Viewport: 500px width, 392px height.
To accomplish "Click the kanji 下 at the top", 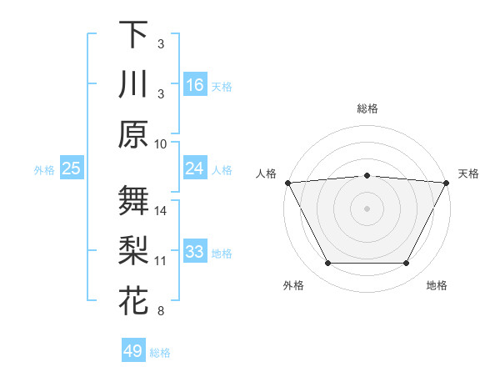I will point(133,34).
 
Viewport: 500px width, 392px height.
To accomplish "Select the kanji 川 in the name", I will point(133,84).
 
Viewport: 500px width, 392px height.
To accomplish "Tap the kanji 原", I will point(133,134).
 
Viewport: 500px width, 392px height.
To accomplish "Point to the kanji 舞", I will point(133,201).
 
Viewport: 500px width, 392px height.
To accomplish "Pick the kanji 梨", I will point(133,251).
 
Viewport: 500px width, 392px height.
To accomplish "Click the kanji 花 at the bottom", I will point(133,301).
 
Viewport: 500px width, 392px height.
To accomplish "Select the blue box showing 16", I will point(195,84).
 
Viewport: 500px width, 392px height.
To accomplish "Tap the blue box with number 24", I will point(195,168).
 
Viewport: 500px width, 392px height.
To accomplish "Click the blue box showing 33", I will point(195,252).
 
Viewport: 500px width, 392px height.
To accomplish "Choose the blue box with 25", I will point(72,168).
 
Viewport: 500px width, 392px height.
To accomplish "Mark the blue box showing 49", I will point(133,351).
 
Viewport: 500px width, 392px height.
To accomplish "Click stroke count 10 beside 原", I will point(161,143).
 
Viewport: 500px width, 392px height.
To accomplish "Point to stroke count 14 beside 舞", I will point(161,210).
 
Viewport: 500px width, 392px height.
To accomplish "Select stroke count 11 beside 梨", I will point(161,261).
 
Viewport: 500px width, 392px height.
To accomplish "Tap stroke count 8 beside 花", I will point(161,311).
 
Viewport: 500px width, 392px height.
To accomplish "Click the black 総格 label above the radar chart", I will point(367,108).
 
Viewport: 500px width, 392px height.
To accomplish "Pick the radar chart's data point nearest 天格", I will point(447,182).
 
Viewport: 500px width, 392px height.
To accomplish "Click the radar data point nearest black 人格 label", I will point(287,182).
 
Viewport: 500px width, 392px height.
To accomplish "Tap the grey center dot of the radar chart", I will point(367,208).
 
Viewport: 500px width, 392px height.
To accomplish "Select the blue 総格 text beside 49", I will point(161,353).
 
